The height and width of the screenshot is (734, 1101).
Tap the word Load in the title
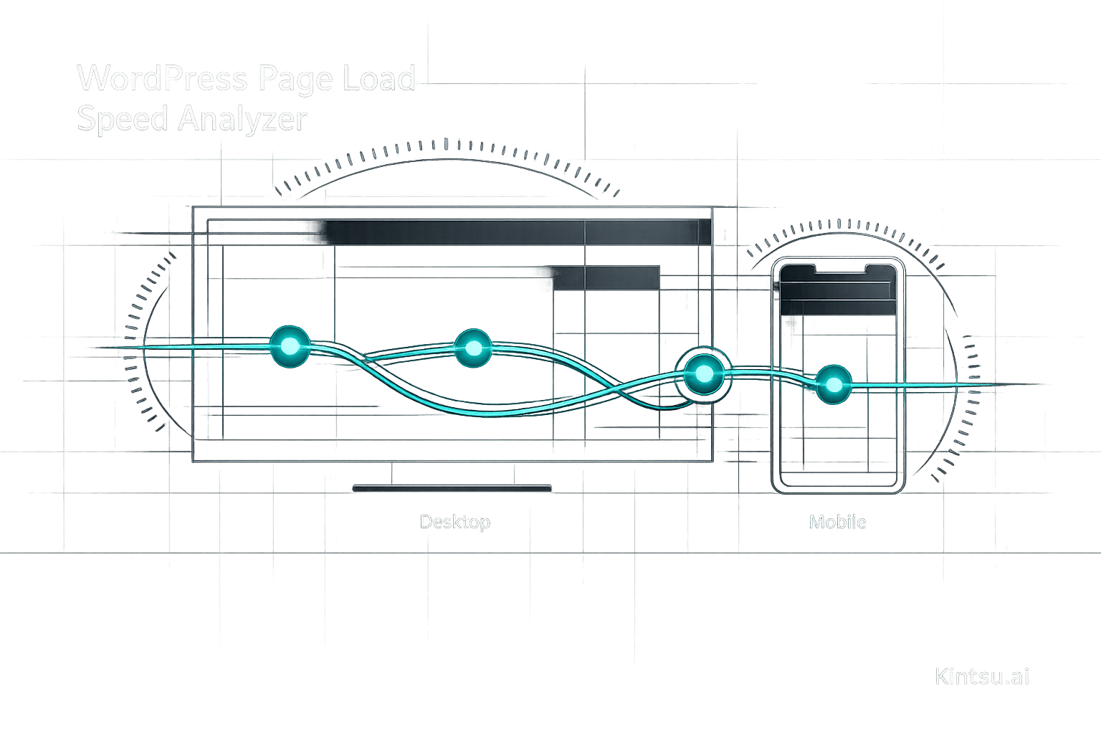coord(378,78)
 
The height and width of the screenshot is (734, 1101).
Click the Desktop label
coord(454,521)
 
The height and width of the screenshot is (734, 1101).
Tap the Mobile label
coord(837,521)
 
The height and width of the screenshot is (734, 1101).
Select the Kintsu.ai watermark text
coord(982,676)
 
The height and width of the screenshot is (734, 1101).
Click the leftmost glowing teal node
coord(290,347)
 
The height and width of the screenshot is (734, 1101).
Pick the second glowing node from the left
coord(473,348)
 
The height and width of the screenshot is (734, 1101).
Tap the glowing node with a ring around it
coord(704,373)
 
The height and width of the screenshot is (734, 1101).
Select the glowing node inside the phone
coord(834,384)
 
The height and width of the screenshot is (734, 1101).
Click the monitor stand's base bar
coord(452,489)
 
